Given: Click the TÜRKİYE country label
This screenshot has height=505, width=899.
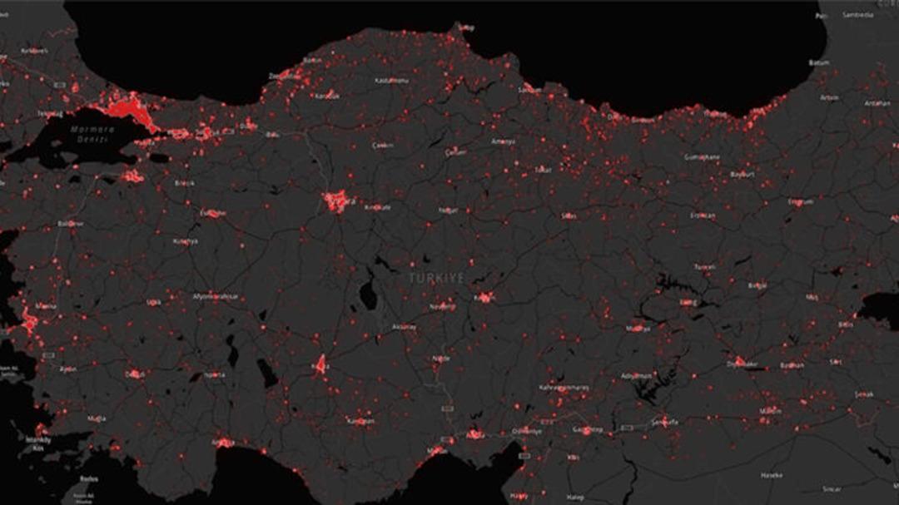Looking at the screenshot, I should pos(436,278).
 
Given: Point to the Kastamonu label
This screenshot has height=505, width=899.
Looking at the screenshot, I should pos(392,81).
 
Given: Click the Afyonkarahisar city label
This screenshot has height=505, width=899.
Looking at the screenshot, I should pos(216,296).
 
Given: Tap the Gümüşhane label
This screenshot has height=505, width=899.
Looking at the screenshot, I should pos(701,156).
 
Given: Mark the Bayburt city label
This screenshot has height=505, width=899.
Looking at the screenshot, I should pos(741,175).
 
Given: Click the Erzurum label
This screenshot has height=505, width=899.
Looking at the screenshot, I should pos(800,201).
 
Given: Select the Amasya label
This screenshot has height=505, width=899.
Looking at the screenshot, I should pos(503,141).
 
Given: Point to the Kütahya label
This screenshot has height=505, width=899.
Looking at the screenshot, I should pos(185,241).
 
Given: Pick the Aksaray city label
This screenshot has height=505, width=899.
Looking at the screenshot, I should pos(404,327).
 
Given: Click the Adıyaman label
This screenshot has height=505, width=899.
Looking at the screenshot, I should pos(637,376).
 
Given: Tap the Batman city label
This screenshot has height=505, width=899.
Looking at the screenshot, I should pos(791,365).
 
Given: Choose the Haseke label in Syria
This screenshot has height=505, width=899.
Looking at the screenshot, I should pos(770,475).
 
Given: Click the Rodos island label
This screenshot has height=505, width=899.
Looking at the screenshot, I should pos(88,478).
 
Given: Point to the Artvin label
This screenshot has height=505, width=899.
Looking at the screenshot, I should pos(829,97).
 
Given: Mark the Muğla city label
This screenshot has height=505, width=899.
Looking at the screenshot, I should pos(97,418).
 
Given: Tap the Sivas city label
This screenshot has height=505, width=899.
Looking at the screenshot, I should pos(569,215).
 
